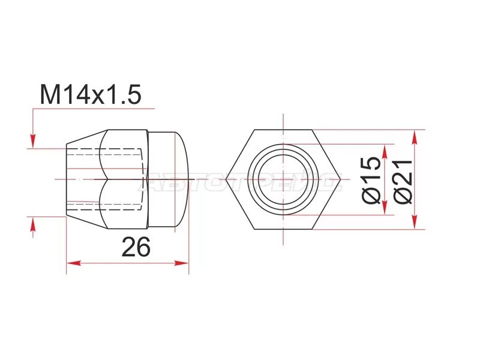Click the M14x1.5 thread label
90,95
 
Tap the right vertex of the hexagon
340,179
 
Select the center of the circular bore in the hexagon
283,179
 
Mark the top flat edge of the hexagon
283,130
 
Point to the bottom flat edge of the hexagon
283,229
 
